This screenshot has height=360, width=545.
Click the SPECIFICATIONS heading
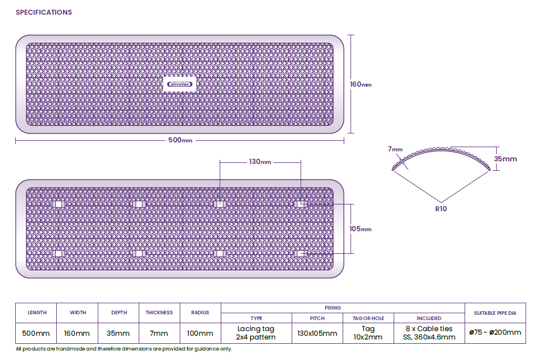pos(44,12)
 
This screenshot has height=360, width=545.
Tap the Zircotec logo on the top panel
pos(179,84)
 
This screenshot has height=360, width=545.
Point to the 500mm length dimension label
pos(180,141)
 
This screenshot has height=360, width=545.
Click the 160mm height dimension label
pos(361,84)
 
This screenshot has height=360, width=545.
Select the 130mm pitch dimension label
pos(260,162)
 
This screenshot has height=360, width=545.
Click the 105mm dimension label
pos(361,229)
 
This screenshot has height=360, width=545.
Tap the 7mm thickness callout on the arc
pos(395,149)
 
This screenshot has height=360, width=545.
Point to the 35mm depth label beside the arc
pos(506,159)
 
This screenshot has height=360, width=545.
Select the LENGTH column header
pos(37,313)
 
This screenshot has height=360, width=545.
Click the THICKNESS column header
pos(159,313)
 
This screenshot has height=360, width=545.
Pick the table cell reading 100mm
pos(200,333)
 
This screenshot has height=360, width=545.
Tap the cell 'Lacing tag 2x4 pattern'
pos(256,333)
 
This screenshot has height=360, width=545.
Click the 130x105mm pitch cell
pos(317,333)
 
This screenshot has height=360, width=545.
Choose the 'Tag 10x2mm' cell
pos(368,333)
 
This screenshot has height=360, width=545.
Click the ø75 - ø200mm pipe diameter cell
pos(495,332)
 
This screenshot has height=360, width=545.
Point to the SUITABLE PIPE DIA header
pos(495,313)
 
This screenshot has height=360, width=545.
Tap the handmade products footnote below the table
pos(124,349)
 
